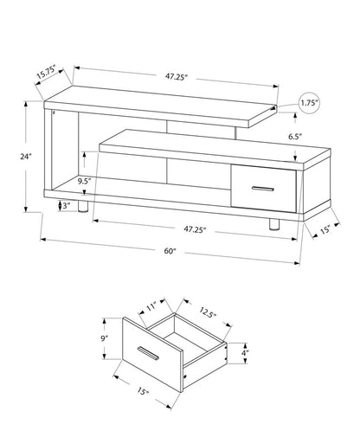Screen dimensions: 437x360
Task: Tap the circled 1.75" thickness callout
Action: [309, 103]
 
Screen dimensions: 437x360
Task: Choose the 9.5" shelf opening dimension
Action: [85, 182]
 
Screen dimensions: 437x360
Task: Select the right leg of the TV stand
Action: [274, 223]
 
